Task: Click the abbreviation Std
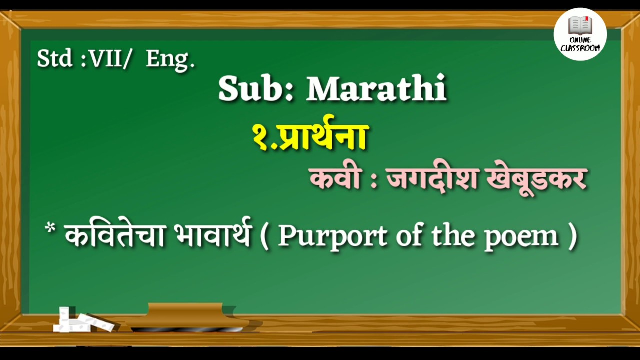coord(54,59)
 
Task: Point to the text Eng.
coord(170,60)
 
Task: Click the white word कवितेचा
coord(115,235)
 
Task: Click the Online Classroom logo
coord(580,34)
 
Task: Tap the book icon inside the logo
coord(580,25)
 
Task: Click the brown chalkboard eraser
coord(187,316)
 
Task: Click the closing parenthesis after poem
coord(573,236)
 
